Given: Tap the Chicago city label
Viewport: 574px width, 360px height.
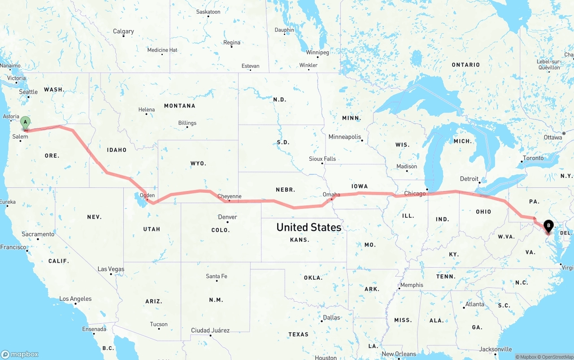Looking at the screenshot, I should tap(415, 194).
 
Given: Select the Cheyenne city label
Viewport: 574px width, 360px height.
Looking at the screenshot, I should tap(229, 196).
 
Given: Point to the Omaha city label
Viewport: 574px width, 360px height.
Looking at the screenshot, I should tap(331, 195).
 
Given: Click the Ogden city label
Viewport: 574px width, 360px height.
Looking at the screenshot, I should tap(147, 195).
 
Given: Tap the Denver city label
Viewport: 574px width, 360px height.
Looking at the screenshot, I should tap(227, 217).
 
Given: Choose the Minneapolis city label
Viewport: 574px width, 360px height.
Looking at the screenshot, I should tap(344, 137).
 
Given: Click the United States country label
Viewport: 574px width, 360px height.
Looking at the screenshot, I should tap(309, 227).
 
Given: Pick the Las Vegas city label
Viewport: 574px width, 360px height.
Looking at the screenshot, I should tap(111, 269).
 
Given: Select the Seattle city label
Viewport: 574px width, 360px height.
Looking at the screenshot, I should tap(29, 92).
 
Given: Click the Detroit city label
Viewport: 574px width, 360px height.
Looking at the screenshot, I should tap(469, 179).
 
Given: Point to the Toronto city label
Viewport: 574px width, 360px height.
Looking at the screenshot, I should tap(533, 158).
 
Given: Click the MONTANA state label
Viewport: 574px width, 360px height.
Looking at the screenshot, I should tap(179, 106).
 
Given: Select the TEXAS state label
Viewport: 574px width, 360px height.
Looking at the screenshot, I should tap(298, 334).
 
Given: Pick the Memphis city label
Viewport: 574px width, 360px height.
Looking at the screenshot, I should tap(412, 285).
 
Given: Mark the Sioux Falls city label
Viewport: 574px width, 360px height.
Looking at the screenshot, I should tap(322, 159).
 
